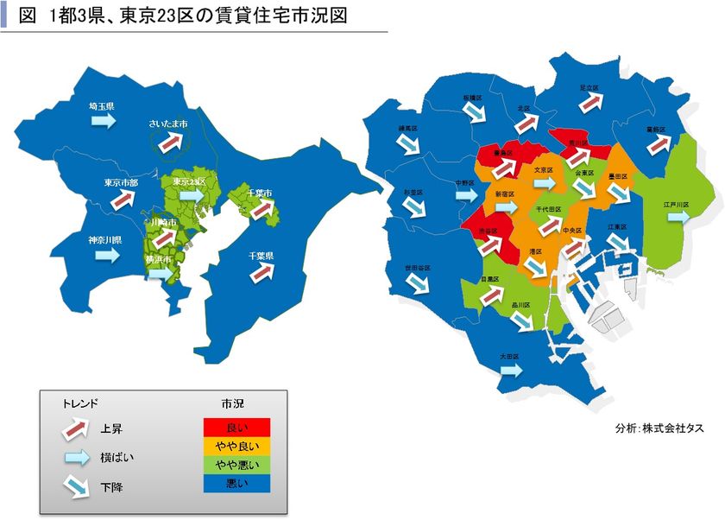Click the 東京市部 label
coord(121,183)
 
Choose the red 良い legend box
coord(236,428)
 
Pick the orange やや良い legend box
coord(236,446)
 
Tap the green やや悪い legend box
coord(236,464)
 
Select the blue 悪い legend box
coord(236,482)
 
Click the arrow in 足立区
coord(589,102)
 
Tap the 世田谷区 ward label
coord(417,269)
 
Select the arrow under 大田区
coord(510,370)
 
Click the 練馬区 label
coord(408,128)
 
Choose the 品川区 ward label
coord(520,305)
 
